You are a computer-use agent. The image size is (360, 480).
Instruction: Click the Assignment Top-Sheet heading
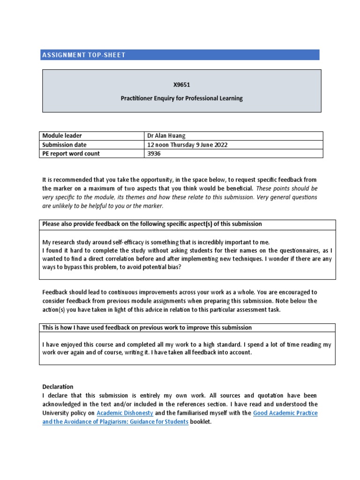[x=84, y=55]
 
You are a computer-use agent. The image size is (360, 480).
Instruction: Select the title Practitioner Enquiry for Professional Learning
[x=181, y=98]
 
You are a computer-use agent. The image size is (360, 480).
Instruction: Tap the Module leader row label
[x=62, y=136]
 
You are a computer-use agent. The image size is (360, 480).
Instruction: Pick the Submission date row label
[x=64, y=145]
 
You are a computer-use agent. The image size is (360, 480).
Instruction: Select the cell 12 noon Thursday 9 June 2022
[x=187, y=145]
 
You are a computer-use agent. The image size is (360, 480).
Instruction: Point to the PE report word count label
[x=71, y=154]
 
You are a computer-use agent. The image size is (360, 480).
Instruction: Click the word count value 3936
[x=154, y=154]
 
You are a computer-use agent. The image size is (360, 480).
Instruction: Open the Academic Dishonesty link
[x=125, y=413]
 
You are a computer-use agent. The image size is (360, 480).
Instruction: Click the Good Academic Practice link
[x=285, y=413]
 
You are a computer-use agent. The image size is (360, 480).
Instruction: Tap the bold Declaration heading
[x=58, y=387]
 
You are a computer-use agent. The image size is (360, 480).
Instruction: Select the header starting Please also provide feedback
[x=152, y=224]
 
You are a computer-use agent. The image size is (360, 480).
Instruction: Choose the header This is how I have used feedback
[x=147, y=328]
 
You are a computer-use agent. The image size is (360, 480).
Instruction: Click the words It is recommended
[x=63, y=180]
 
